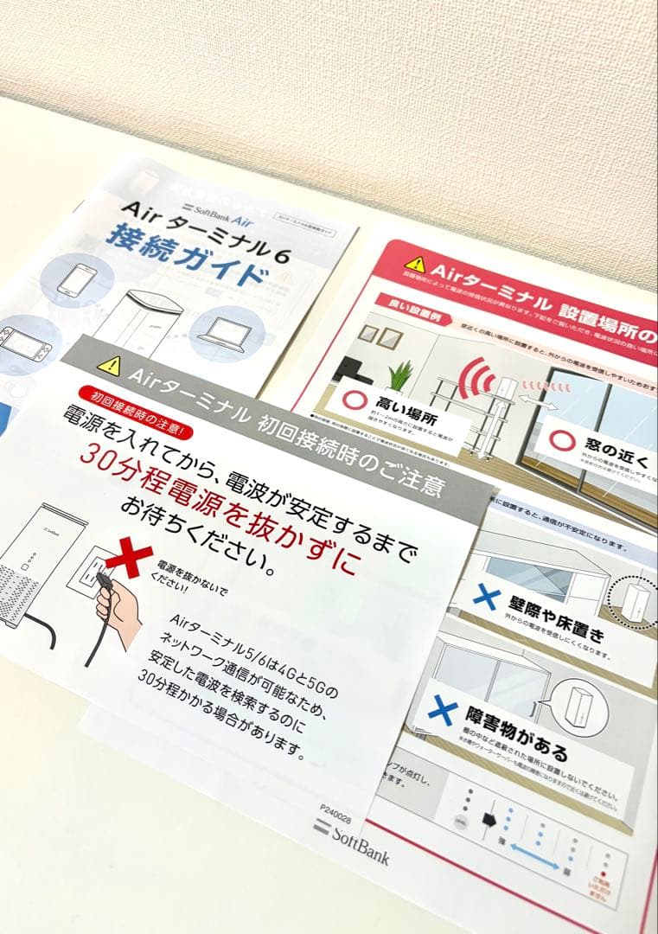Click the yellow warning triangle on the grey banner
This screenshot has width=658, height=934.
(x=110, y=365)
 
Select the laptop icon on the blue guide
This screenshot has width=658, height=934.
(x=227, y=331)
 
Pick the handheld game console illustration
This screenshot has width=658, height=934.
(x=23, y=341)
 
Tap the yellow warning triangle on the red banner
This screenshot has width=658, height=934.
(x=416, y=263)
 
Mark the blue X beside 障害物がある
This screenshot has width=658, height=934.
(x=442, y=711)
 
